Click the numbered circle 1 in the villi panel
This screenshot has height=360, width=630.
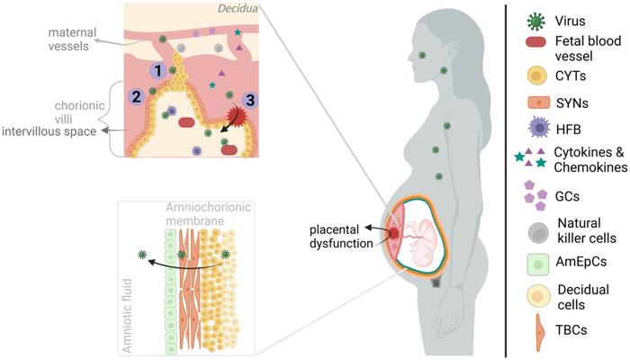tap(157, 70)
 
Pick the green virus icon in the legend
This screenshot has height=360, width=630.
tap(535, 18)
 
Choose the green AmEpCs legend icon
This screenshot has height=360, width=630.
tap(535, 265)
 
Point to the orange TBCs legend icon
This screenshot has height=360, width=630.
tap(535, 332)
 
